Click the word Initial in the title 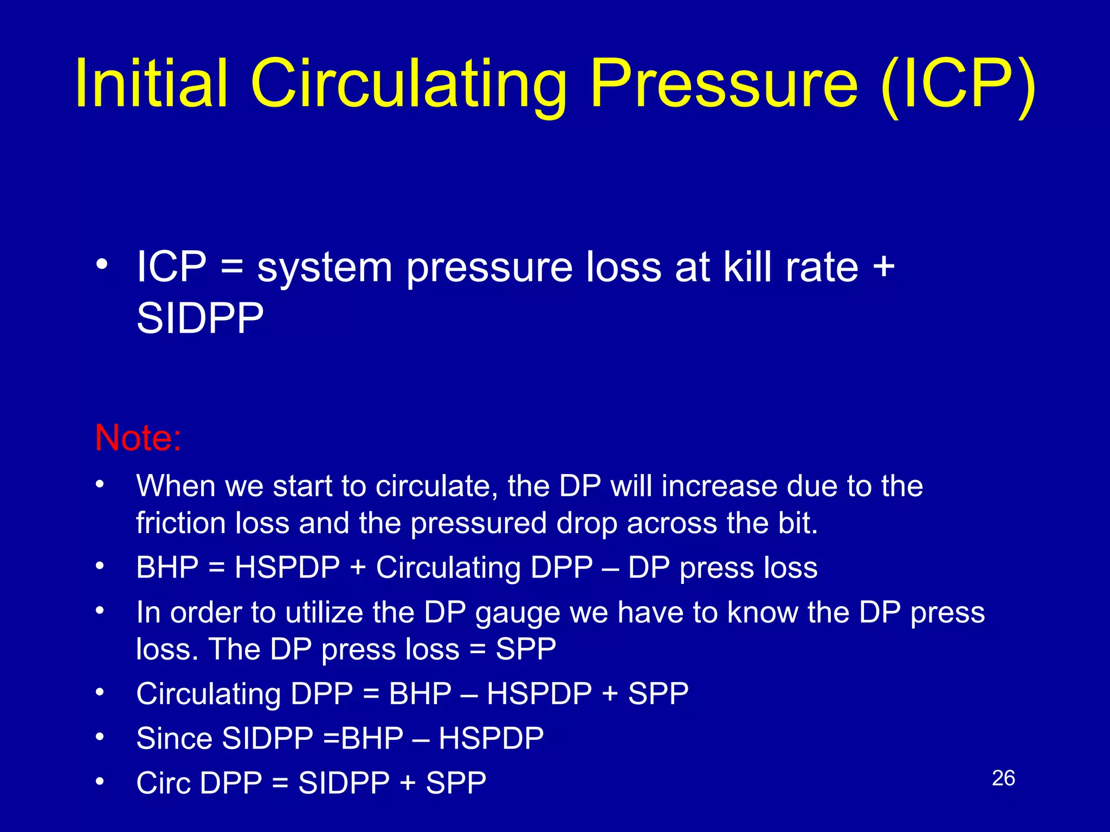click(151, 84)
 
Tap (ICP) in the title click(958, 84)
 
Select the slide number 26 click(1003, 778)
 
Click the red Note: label click(138, 438)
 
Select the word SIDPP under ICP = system click(200, 318)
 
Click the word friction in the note click(180, 523)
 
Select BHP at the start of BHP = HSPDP click(167, 568)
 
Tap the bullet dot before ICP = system click(101, 265)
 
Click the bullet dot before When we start click(100, 484)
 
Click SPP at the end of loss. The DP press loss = click(526, 649)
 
